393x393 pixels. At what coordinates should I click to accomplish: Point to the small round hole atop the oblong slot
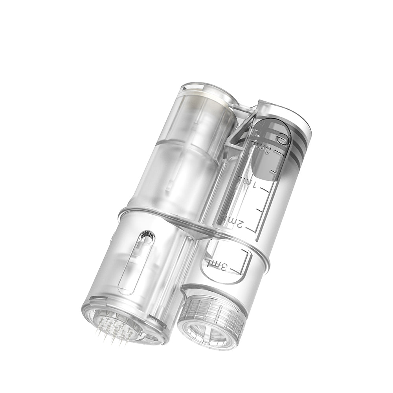click(x=148, y=235)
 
